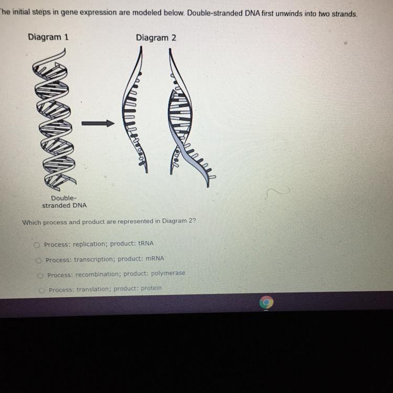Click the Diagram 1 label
(48, 37)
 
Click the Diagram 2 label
(156, 38)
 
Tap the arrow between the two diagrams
(97, 124)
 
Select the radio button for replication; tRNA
(37, 244)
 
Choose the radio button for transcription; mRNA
(39, 259)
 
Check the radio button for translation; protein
(42, 289)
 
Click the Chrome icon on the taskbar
(266, 302)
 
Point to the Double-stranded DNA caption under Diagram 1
(64, 202)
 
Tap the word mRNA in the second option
(155, 259)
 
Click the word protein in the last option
(151, 288)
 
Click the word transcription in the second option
(94, 259)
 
